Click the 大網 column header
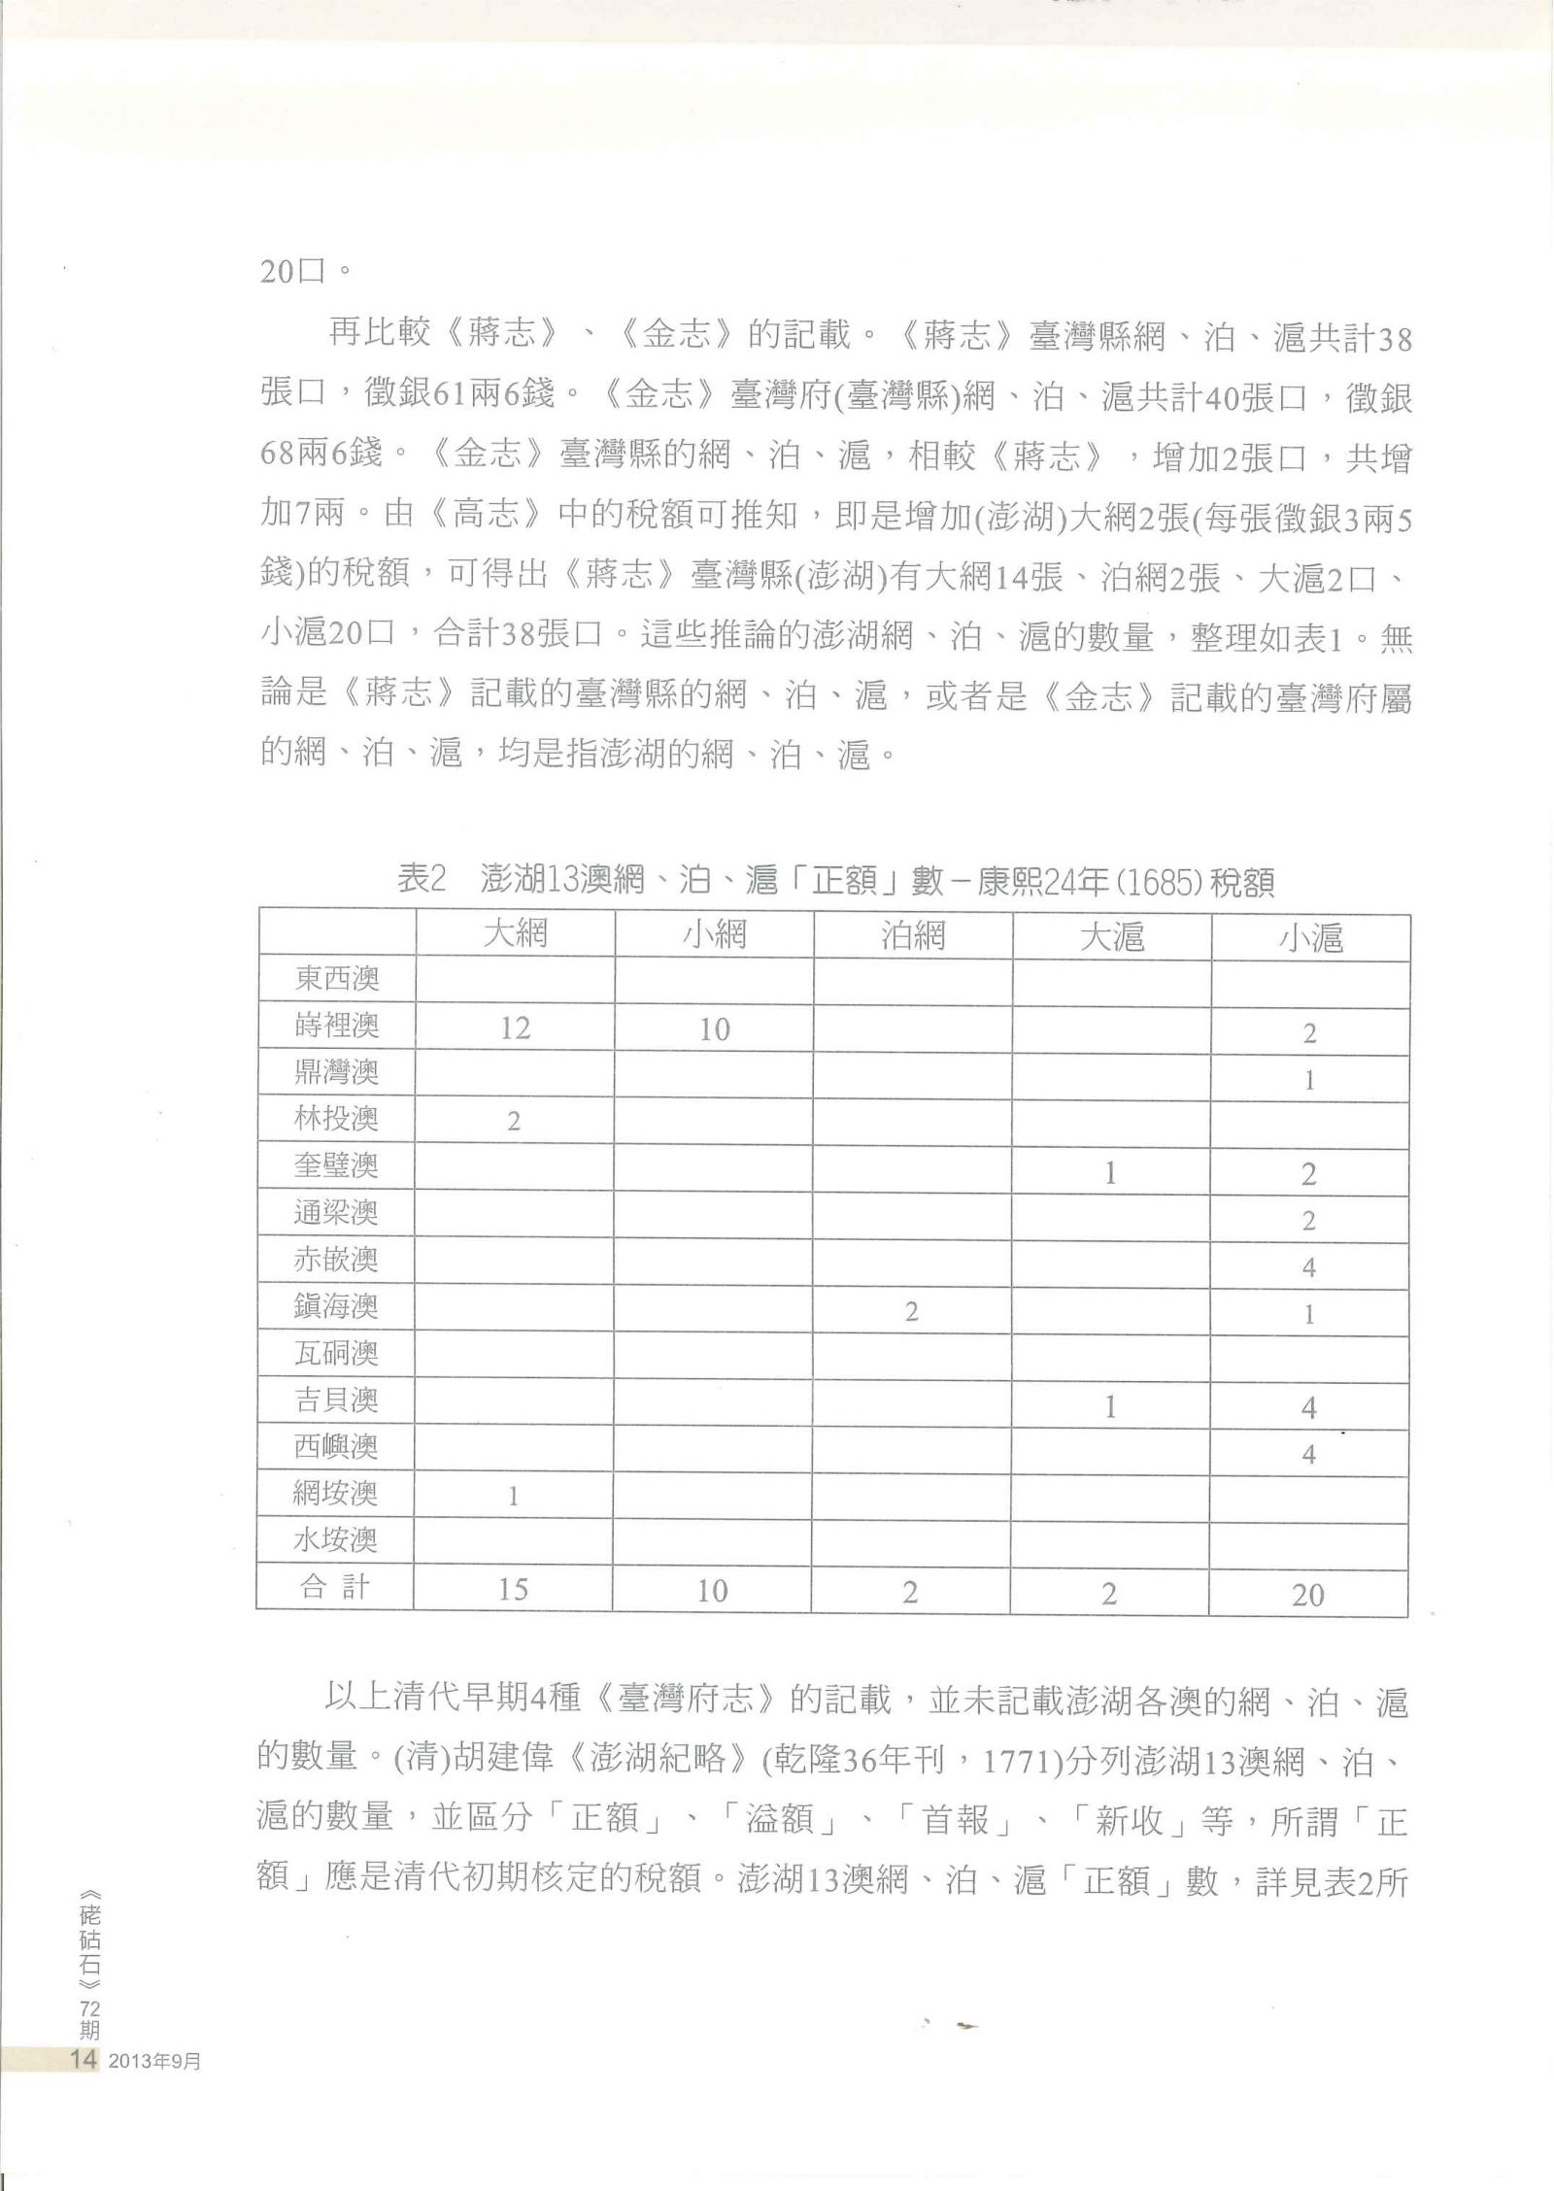pos(516,934)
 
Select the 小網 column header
pos(715,935)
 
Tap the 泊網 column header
pos(913,935)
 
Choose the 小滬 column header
pos(1310,937)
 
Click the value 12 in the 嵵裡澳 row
pos(515,1028)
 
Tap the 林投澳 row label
pos(336,1119)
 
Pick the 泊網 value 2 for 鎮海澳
pos(911,1312)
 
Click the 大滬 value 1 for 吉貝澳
pos(1110,1406)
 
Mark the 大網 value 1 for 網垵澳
pos(513,1497)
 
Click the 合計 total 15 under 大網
pos(513,1590)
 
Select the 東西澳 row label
pos(336,979)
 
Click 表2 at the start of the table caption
pos(422,880)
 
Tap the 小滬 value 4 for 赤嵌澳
pos(1308,1266)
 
